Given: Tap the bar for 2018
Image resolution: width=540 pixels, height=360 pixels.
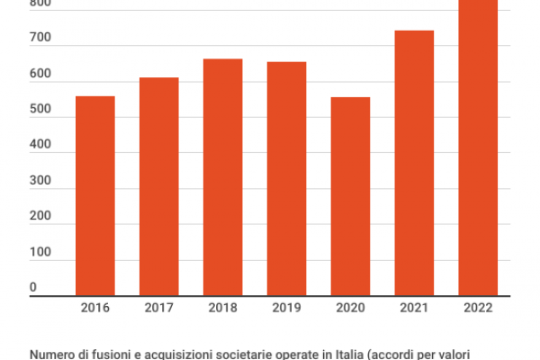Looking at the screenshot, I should pyautogui.click(x=222, y=176).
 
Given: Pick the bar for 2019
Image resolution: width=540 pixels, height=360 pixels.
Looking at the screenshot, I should pyautogui.click(x=286, y=178).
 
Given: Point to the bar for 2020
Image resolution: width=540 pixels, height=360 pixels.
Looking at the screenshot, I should pyautogui.click(x=350, y=195).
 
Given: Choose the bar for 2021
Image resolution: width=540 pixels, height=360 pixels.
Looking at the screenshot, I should pyautogui.click(x=414, y=163).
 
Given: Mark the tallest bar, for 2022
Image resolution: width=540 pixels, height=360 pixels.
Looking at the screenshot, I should pyautogui.click(x=478, y=148).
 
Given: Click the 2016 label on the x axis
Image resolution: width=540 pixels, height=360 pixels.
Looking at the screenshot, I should pyautogui.click(x=94, y=308).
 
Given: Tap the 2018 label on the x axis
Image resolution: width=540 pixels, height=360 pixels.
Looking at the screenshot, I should pyautogui.click(x=222, y=308).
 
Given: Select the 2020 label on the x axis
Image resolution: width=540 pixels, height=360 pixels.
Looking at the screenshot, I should pyautogui.click(x=350, y=308).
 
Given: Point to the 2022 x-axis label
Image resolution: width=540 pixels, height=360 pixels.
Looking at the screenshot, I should pyautogui.click(x=478, y=308).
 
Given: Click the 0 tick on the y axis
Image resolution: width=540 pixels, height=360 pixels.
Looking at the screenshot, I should pyautogui.click(x=33, y=288).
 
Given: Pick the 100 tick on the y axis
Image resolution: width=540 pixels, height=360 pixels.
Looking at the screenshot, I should pyautogui.click(x=40, y=253).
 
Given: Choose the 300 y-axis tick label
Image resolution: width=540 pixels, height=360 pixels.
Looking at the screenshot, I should pyautogui.click(x=40, y=182).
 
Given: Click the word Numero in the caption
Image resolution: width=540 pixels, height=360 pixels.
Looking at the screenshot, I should pyautogui.click(x=52, y=354).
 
